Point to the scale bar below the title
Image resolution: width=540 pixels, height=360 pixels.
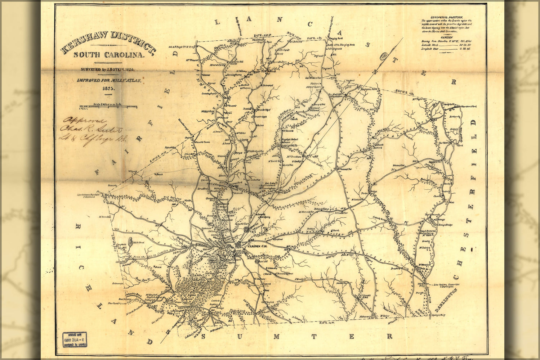click(108, 107)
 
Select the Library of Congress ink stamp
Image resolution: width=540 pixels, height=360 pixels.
click(75, 339)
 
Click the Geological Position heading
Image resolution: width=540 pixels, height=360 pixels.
click(446, 17)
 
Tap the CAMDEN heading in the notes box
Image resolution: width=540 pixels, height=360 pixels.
click(446, 37)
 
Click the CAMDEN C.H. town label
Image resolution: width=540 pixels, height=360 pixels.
click(256, 246)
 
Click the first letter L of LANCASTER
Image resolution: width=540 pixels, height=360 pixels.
click(217, 22)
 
